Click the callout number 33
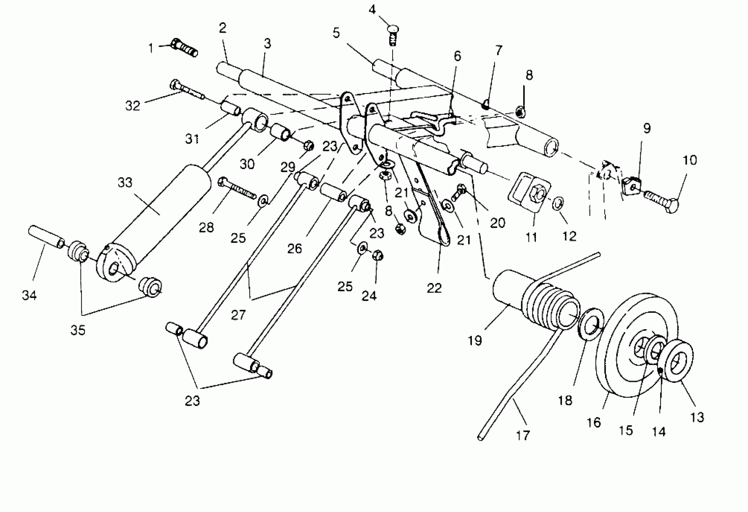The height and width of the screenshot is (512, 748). (x=125, y=183)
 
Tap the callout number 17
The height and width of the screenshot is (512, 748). (x=522, y=436)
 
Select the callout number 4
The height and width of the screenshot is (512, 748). (x=372, y=10)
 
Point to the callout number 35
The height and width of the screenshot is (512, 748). (x=78, y=330)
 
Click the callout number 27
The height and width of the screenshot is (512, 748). (x=238, y=315)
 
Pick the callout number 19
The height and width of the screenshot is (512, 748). (x=475, y=340)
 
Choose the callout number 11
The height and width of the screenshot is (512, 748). (x=531, y=237)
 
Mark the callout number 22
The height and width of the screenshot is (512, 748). (x=434, y=288)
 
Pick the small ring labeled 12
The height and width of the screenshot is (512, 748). (x=558, y=204)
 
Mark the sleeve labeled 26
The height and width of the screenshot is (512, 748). (x=333, y=192)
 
